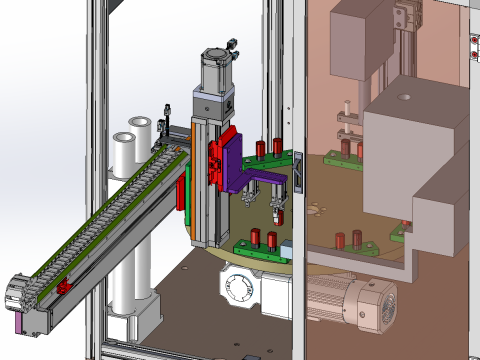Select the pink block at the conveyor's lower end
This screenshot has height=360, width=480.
[21, 322]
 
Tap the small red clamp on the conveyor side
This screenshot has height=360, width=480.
[65, 288]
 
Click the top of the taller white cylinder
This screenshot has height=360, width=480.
[140, 123]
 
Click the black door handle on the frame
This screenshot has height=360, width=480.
[297, 171]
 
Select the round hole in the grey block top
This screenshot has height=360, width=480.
[405, 99]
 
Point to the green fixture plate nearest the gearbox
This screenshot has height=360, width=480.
[262, 246]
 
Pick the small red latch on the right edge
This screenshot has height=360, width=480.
[474, 43]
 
